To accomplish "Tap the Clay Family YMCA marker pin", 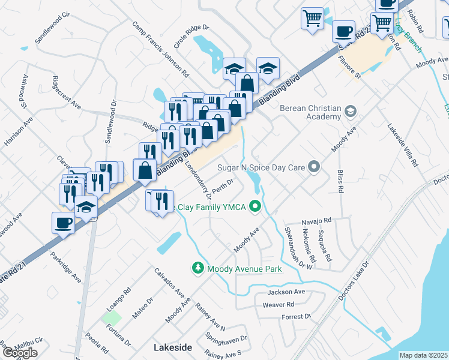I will coord(256,208).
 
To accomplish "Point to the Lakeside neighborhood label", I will coord(173,347).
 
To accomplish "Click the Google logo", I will coord(19,353).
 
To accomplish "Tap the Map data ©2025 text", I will coord(424,355).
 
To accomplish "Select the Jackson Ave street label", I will coord(286,292).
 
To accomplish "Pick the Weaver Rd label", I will coord(277,305).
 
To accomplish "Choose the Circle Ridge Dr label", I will coord(190,37).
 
